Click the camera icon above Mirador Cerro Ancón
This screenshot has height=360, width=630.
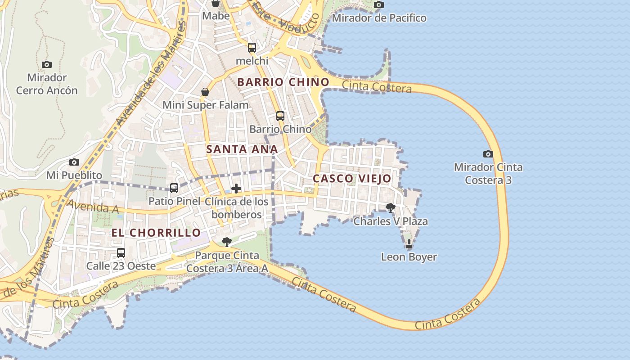pos(46,64)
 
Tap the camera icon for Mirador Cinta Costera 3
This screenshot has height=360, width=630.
pos(488,154)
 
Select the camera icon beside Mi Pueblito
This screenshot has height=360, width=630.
pos(74,162)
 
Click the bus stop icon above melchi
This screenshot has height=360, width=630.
pos(252,47)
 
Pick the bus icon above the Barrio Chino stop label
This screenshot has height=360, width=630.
pos(280,116)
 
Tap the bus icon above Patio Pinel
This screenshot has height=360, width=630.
pos(174,188)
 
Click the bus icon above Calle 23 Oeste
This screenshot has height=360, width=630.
pos(121,253)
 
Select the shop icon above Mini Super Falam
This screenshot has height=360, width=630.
pos(205,92)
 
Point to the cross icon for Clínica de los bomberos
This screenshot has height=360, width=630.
pos(236,189)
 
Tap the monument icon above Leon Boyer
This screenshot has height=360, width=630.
pos(409,244)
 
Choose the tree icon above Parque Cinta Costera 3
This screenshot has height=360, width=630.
pos(227,242)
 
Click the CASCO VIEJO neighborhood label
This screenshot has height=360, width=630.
pos(352,179)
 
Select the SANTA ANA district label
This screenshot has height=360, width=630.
pos(242,149)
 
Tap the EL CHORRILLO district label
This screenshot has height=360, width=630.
pos(156,233)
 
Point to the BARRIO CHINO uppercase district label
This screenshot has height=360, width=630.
pos(283,82)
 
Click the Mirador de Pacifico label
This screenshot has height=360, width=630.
pos(379,18)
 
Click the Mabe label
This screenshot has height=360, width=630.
pos(216,16)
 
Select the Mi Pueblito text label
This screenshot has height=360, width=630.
pos(74,175)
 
